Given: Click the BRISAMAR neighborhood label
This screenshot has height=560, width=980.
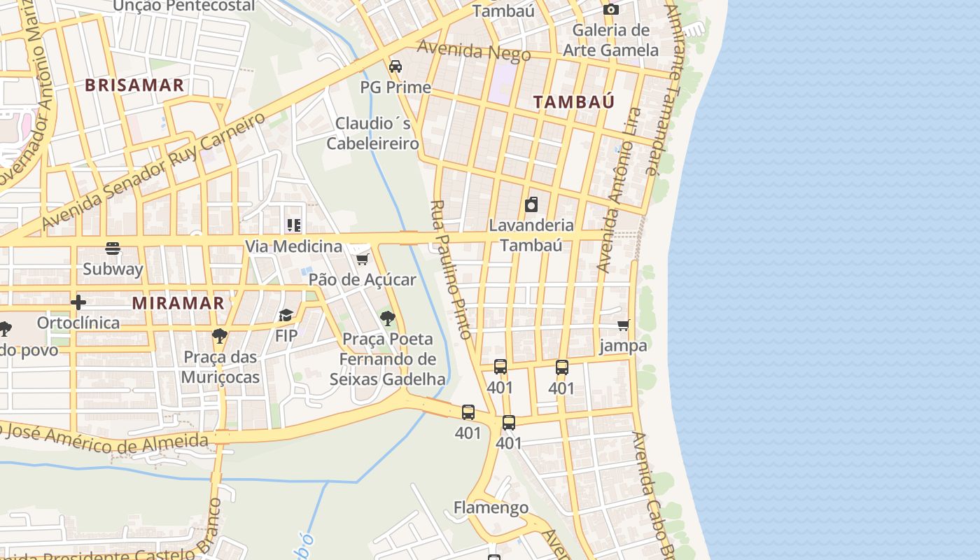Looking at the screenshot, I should tap(134, 85).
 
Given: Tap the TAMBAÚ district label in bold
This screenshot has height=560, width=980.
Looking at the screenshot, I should tap(574, 102).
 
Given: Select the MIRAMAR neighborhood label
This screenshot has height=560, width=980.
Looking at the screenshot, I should tap(178, 303).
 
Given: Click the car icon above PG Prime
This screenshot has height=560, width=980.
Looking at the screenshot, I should tap(395, 66).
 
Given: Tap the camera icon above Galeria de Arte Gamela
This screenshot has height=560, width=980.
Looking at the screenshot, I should tap(611, 9).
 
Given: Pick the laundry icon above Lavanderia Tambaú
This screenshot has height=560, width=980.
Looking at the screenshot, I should tap(531, 204).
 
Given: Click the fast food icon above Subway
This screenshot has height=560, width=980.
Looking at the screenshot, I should tap(113, 248).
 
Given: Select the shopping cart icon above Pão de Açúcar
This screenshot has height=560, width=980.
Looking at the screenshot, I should tap(362, 259).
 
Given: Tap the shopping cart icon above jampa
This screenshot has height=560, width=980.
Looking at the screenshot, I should tap(623, 325).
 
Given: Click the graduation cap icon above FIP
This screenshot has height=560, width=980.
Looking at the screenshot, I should tap(286, 315).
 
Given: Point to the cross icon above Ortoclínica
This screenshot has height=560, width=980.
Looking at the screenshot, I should tap(78, 302).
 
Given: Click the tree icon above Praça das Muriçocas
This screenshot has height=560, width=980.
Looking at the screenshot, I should tap(220, 335).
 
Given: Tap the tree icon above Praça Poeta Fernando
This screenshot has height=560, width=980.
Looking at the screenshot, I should tap(387, 318).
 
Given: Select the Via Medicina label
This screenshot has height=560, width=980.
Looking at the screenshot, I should tap(293, 246).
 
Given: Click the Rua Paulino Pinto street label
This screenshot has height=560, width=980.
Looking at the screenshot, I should tap(453, 269).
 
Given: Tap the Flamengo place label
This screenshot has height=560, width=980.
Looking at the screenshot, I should tap(491, 507).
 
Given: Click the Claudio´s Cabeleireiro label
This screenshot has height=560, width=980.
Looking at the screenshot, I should tap(372, 134).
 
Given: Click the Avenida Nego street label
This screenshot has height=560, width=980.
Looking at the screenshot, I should tap(465, 51).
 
